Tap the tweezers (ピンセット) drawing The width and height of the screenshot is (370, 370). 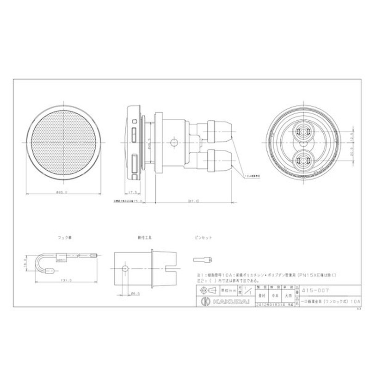click(202, 259)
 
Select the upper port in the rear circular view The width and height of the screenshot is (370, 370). click(303, 131)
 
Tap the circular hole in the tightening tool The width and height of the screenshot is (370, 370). click(125, 269)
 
